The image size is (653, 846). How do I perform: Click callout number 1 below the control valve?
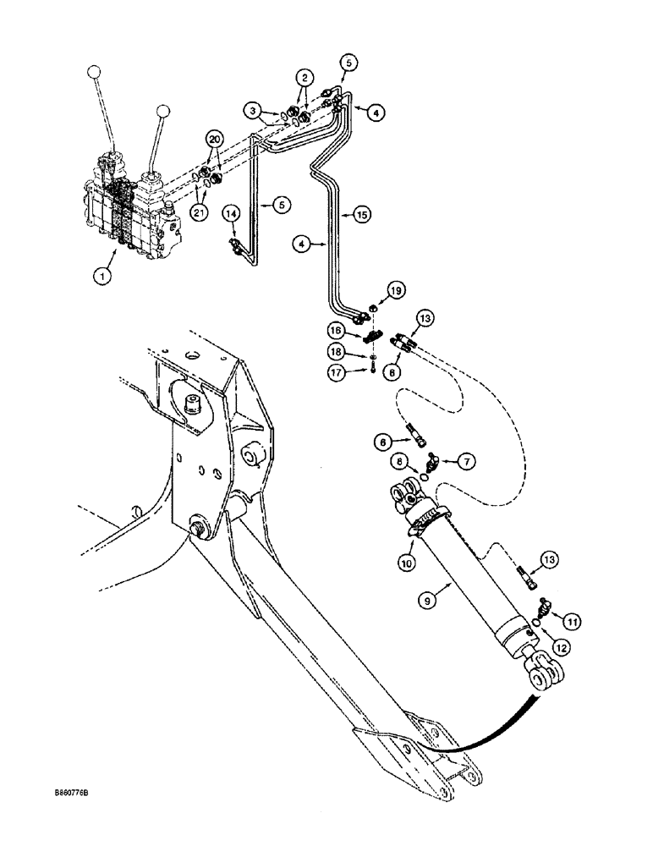(102, 275)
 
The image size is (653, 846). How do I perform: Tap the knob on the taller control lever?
(96, 73)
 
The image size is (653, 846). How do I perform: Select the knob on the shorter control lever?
(162, 112)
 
